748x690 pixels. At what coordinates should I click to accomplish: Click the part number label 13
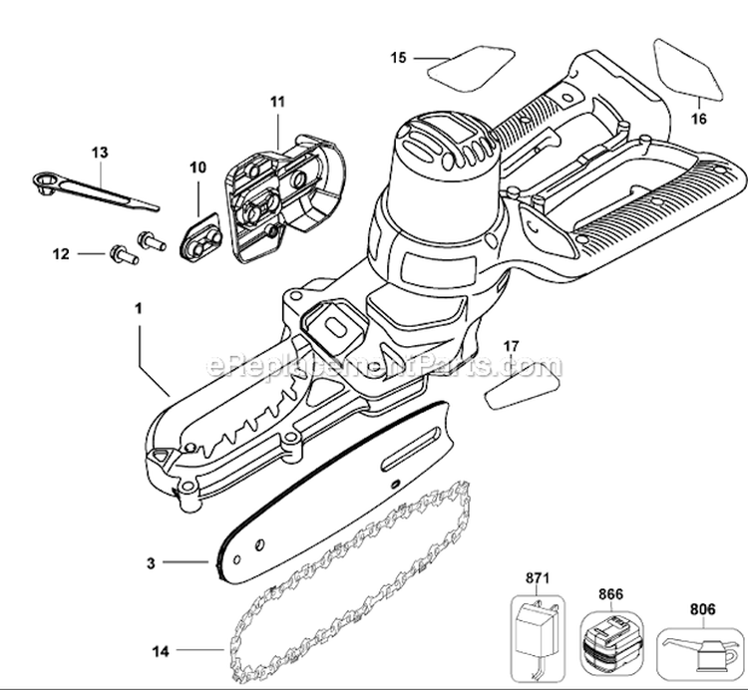coord(99,153)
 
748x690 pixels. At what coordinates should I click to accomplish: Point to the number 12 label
coord(61,253)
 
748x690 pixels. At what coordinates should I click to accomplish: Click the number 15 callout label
coord(398,59)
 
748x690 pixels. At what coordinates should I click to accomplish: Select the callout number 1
coord(140,309)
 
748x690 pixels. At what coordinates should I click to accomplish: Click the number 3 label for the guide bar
coord(150,563)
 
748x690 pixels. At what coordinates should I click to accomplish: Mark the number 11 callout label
coord(277,101)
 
